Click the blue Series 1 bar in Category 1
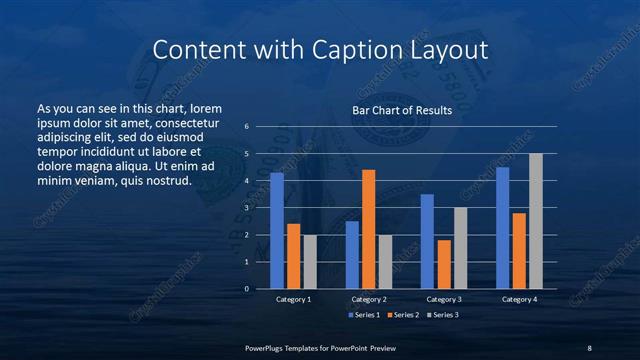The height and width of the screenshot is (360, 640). click(277, 231)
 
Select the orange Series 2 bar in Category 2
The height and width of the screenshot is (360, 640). click(369, 229)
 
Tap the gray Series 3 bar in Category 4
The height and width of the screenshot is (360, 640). click(536, 221)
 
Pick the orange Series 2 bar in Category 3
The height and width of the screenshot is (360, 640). click(444, 264)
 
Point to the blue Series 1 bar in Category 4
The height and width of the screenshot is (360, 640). click(503, 228)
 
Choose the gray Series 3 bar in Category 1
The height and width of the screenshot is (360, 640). click(310, 262)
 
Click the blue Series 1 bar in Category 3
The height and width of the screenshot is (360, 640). click(427, 241)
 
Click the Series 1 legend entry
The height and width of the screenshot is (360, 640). click(364, 315)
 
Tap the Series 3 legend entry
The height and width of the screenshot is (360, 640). click(442, 315)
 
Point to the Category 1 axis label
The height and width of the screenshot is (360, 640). click(293, 299)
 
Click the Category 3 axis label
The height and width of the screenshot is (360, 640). click(444, 299)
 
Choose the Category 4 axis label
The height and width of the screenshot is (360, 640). click(519, 299)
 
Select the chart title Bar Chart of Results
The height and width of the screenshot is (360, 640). click(402, 110)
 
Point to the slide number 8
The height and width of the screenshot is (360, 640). click(589, 347)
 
